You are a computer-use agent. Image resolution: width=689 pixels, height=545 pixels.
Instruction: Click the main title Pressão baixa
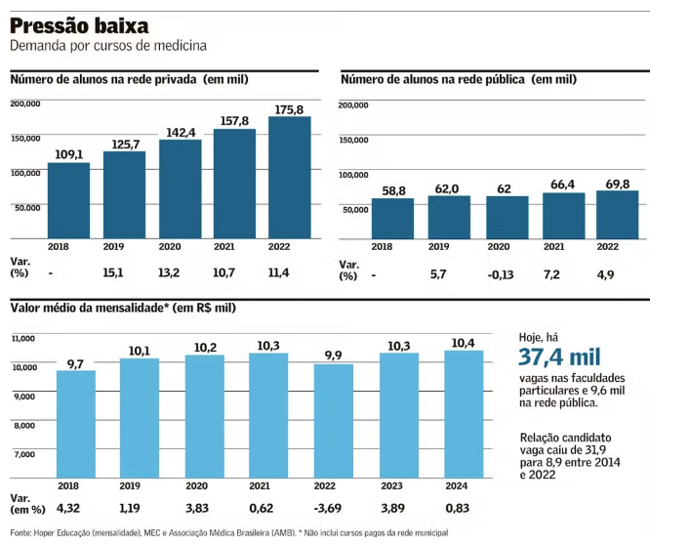[79, 24]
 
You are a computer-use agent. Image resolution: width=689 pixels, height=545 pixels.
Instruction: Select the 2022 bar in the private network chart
[289, 178]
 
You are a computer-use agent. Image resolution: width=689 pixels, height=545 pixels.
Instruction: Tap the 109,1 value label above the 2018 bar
[68, 154]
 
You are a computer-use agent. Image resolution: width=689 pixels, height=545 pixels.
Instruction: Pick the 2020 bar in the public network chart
[507, 217]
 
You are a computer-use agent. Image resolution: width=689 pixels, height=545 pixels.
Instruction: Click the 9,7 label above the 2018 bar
[76, 363]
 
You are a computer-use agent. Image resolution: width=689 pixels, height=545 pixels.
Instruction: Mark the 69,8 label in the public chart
[617, 183]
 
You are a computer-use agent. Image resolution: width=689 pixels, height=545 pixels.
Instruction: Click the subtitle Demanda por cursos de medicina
[107, 46]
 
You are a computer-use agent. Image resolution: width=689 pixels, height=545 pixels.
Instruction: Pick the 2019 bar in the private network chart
[123, 195]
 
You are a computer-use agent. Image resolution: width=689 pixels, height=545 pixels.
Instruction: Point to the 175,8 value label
[291, 109]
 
